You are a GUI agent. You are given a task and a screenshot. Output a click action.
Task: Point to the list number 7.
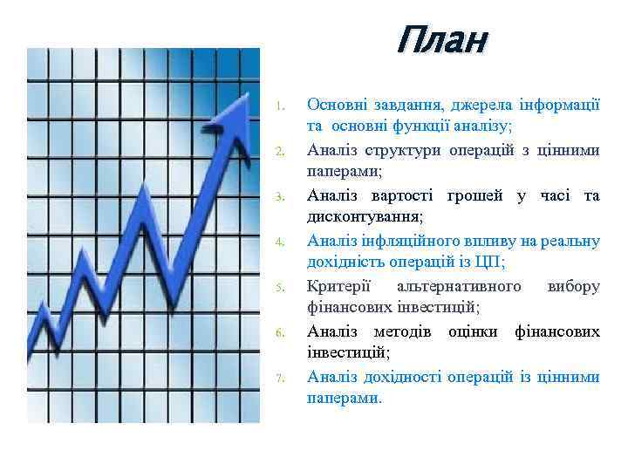click(276, 378)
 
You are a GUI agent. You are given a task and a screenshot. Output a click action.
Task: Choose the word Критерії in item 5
click(338, 285)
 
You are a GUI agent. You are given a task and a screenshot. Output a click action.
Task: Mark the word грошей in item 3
click(477, 195)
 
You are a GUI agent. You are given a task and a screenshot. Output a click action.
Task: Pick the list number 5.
click(276, 287)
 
